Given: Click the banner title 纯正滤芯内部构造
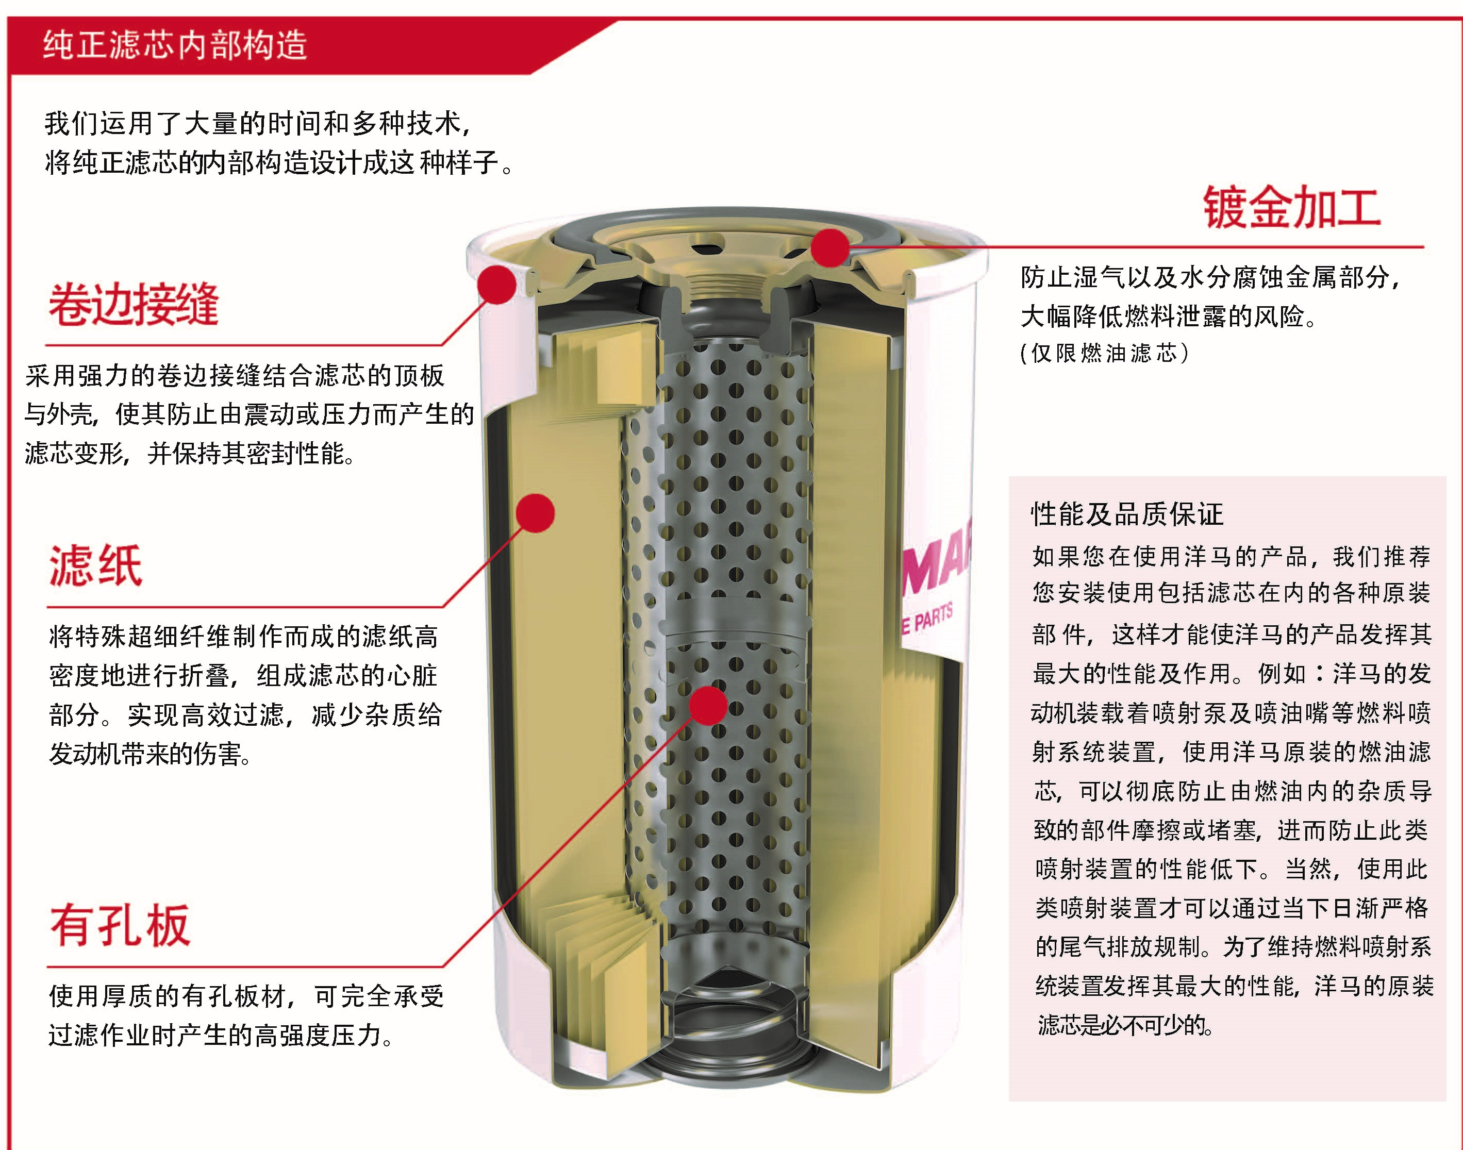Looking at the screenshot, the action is [x=175, y=45].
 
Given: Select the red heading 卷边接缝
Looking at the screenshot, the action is [x=134, y=304].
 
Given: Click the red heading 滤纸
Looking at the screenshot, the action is [x=95, y=565].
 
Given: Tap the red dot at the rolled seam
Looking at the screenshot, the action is [x=497, y=284].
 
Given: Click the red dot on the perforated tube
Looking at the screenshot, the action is [x=708, y=706].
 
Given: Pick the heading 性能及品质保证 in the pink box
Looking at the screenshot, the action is [x=1127, y=514].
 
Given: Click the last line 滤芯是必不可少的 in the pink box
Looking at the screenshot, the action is [x=1126, y=1025].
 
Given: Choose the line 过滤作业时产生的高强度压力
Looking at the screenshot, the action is [x=222, y=1036].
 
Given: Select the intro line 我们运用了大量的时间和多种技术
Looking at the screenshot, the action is [x=258, y=124].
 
